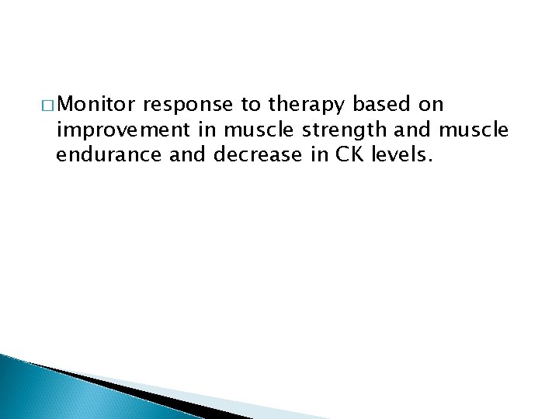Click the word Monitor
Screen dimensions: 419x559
(102, 105)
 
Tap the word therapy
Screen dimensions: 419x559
(300, 106)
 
